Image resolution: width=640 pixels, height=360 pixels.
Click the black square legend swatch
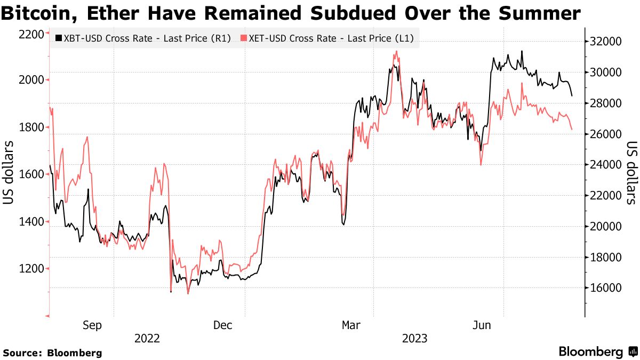point(59,38)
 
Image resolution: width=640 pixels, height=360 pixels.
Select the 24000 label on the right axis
point(607,165)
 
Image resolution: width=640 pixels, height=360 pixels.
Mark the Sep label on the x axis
point(92,325)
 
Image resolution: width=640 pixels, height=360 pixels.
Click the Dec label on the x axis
point(222,325)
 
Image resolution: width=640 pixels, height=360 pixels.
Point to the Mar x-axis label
point(351,325)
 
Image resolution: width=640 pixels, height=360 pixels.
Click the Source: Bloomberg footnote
point(52,353)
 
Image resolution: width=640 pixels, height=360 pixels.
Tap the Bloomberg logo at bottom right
point(597,352)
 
